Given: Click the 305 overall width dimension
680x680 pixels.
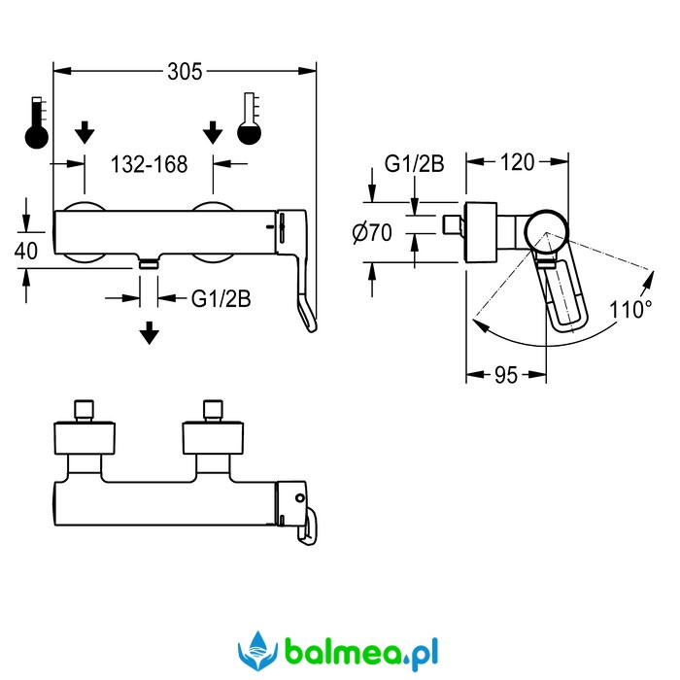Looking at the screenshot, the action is (x=185, y=72).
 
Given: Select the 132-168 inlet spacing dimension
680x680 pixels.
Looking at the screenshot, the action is (x=150, y=164).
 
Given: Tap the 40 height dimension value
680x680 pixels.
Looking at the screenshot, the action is (x=26, y=251).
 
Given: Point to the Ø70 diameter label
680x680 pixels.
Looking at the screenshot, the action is (x=372, y=232).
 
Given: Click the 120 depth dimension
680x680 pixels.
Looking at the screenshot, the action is (x=517, y=162).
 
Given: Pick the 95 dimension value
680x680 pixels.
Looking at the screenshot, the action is (x=506, y=375).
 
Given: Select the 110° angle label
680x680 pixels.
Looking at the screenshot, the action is (x=630, y=310).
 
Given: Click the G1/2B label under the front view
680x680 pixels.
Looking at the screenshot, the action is (x=221, y=298).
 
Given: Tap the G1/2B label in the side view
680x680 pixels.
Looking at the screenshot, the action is (x=414, y=164).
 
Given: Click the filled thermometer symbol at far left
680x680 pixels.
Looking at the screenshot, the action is (x=37, y=122).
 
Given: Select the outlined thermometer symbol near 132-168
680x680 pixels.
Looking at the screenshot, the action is (x=250, y=119).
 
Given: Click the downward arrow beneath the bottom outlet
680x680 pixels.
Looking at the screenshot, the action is (x=150, y=333).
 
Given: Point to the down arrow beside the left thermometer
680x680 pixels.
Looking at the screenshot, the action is (x=85, y=133).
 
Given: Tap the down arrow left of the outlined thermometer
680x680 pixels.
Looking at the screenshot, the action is (x=213, y=133).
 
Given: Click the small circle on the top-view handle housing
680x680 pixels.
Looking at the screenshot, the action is (x=299, y=497).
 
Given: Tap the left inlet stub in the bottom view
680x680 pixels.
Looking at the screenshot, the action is (x=85, y=410).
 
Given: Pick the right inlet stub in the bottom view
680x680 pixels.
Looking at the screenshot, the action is (x=213, y=410).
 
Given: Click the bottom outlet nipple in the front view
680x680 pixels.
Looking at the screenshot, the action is (x=149, y=262).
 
